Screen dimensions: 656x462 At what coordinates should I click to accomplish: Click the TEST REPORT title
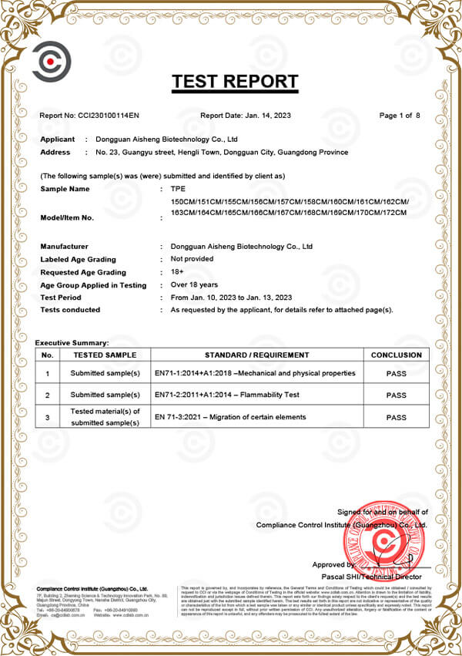tap(235, 81)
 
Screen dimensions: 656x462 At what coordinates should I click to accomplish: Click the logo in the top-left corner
tap(51, 61)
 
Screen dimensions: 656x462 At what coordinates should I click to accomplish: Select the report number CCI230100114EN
tap(109, 116)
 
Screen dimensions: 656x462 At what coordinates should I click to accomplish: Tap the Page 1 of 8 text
tap(400, 116)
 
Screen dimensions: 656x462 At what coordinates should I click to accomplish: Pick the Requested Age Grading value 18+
tap(177, 273)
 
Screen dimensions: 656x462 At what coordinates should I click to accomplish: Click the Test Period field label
tap(60, 298)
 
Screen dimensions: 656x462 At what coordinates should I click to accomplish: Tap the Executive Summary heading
tap(72, 342)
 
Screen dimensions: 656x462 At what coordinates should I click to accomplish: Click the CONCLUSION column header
tap(396, 355)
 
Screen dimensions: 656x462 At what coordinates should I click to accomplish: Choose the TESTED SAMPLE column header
tap(105, 355)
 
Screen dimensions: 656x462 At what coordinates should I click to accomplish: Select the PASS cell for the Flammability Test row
tap(396, 395)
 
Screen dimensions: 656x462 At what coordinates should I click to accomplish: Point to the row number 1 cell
tap(47, 374)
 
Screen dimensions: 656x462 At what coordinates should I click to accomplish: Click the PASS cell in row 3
tap(396, 417)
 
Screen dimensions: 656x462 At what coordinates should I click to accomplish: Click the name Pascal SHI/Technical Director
tap(371, 577)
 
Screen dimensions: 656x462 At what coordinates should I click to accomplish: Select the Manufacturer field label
tap(65, 247)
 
